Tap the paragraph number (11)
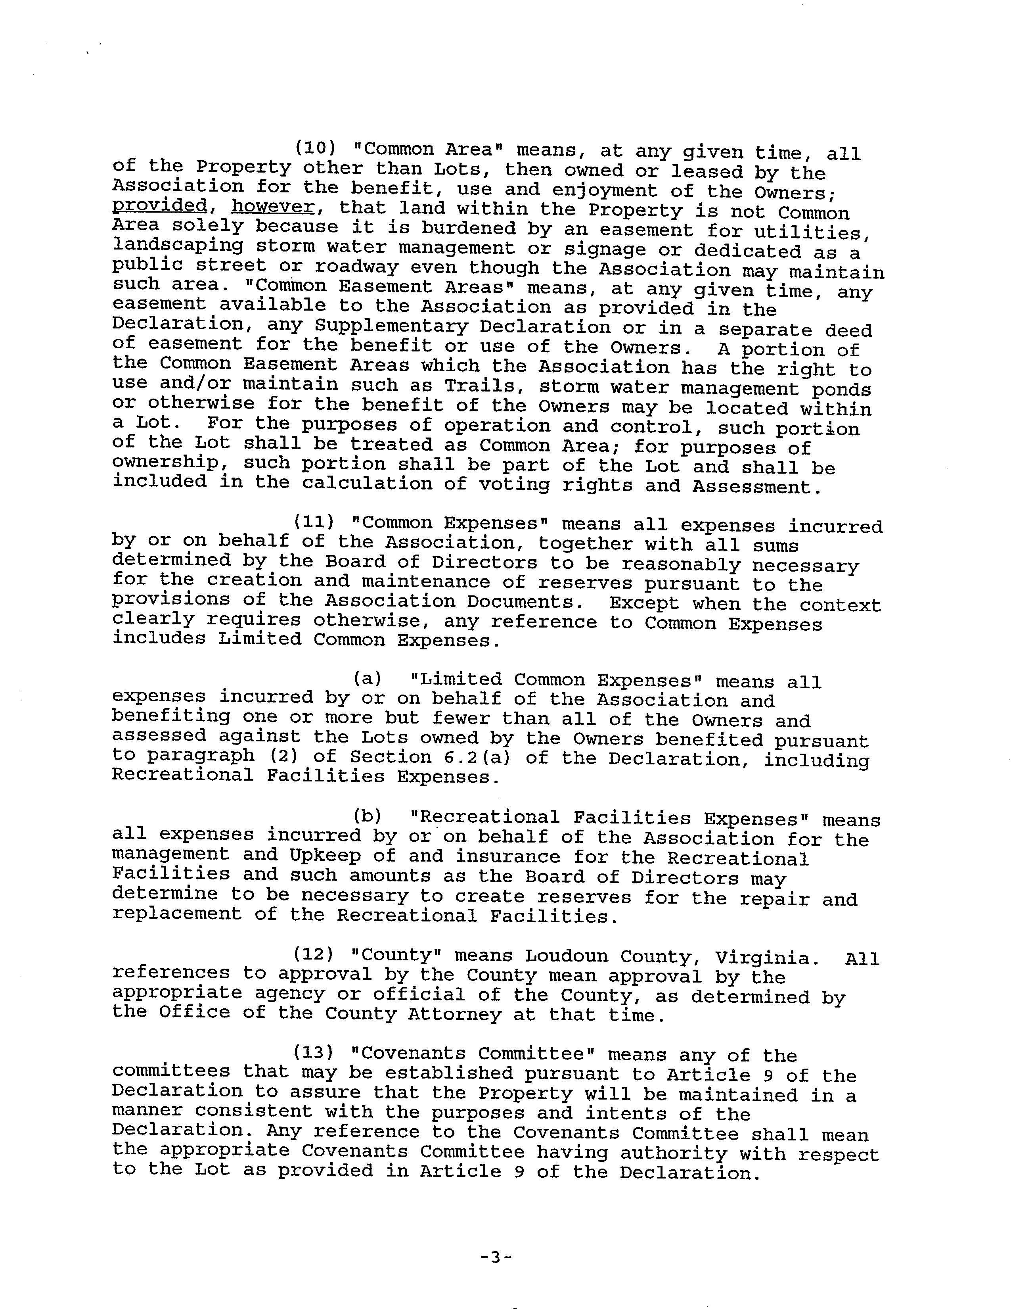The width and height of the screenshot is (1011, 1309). tap(313, 522)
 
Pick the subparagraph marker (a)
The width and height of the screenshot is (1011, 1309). tap(368, 678)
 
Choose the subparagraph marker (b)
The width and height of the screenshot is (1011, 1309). tap(368, 816)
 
